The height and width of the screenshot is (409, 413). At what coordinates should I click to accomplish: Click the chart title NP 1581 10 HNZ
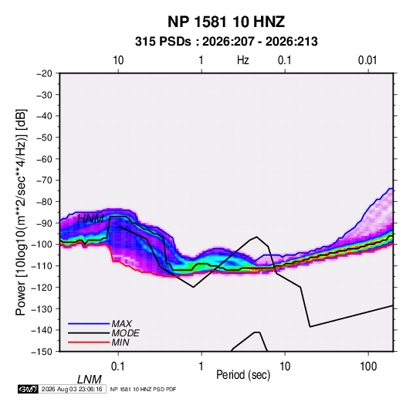click(x=226, y=22)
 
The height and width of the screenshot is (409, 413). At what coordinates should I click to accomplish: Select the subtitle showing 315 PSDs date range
click(x=226, y=42)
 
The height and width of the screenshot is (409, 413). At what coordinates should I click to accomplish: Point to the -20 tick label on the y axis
click(x=44, y=73)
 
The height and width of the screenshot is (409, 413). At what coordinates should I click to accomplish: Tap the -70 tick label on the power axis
click(x=44, y=180)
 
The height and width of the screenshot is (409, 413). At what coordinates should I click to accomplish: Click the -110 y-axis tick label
click(x=42, y=266)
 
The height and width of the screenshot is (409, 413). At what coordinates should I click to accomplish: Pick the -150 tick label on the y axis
click(x=42, y=352)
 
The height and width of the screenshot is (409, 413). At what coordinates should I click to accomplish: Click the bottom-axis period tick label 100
click(x=368, y=366)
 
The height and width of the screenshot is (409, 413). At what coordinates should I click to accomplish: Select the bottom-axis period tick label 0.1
click(x=118, y=366)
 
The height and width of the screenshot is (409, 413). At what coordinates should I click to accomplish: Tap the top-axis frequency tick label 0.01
click(x=367, y=60)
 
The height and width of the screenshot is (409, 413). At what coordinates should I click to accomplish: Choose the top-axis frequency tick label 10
click(x=118, y=60)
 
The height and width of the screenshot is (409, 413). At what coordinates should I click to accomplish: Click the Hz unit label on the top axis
click(x=243, y=60)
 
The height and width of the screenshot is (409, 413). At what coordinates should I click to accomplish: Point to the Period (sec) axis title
click(x=243, y=375)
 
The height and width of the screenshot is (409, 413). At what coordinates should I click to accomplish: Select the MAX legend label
click(x=121, y=324)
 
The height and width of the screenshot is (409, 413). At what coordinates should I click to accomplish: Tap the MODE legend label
click(x=125, y=333)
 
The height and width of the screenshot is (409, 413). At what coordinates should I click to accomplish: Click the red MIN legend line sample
click(x=89, y=343)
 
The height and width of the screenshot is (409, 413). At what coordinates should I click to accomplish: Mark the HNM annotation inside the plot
click(x=90, y=219)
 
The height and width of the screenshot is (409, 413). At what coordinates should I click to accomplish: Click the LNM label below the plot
click(x=89, y=380)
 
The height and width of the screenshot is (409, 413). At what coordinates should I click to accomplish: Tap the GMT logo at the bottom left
click(x=28, y=389)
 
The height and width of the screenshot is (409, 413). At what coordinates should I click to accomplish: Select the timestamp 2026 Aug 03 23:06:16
click(x=72, y=389)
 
